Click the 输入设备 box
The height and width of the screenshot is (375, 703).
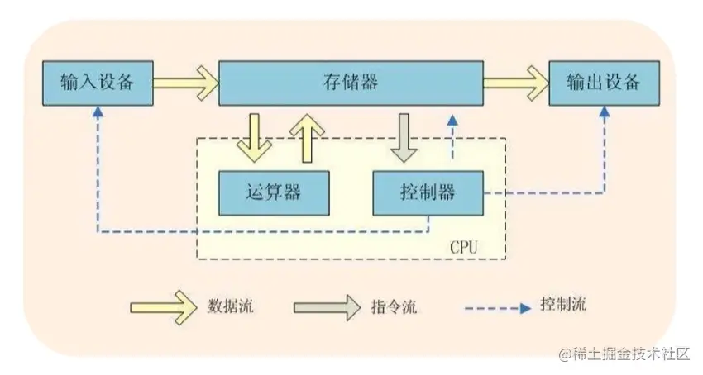point(98,83)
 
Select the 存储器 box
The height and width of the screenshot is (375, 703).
point(351,83)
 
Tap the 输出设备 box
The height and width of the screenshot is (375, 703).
point(604,83)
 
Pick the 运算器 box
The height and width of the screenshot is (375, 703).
point(274,192)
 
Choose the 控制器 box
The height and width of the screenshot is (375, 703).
point(426,192)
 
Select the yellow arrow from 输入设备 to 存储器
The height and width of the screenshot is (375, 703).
point(184,83)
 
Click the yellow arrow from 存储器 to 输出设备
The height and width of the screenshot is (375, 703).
point(517,83)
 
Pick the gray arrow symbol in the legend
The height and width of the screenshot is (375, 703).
point(324,306)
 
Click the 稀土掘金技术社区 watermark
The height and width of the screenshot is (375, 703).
point(624,354)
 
